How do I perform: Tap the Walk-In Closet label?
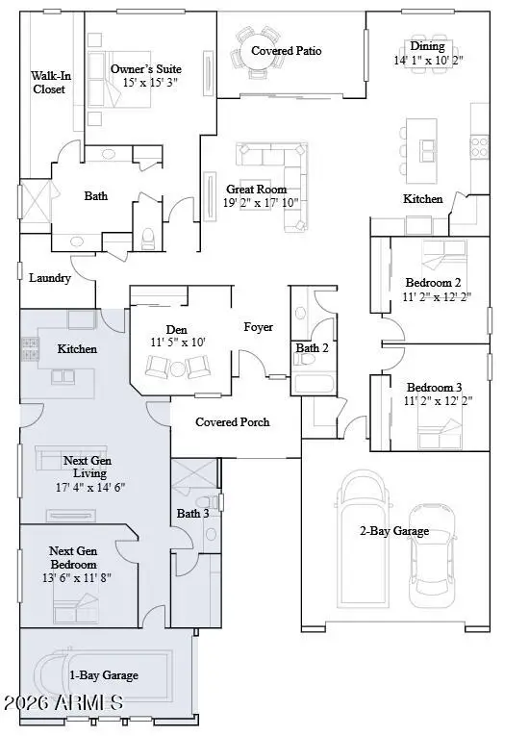click(x=48, y=82)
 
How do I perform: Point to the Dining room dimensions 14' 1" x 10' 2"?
click(x=427, y=60)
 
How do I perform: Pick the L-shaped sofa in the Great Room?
click(x=285, y=179)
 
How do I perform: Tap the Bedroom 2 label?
click(x=433, y=283)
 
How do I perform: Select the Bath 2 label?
click(x=311, y=347)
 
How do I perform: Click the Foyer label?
click(x=258, y=327)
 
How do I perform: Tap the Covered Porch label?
click(x=232, y=421)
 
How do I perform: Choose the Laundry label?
click(x=49, y=278)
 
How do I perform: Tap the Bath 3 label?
click(x=193, y=514)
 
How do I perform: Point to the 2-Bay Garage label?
click(x=393, y=530)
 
